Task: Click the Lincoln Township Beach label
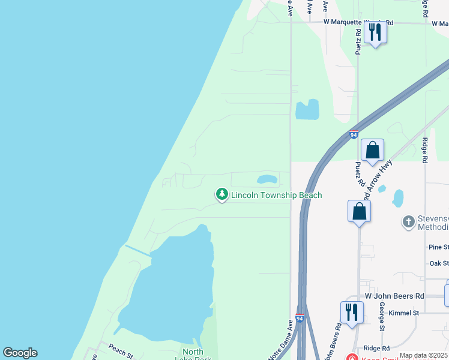click(x=276, y=196)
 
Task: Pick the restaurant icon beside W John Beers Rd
click(x=352, y=312)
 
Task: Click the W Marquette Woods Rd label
click(x=358, y=22)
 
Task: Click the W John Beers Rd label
click(x=394, y=296)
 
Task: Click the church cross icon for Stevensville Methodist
click(x=408, y=222)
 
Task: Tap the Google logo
click(x=20, y=353)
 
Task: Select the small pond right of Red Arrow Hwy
click(x=398, y=197)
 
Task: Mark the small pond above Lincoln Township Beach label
click(x=267, y=179)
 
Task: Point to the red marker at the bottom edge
click(x=352, y=358)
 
